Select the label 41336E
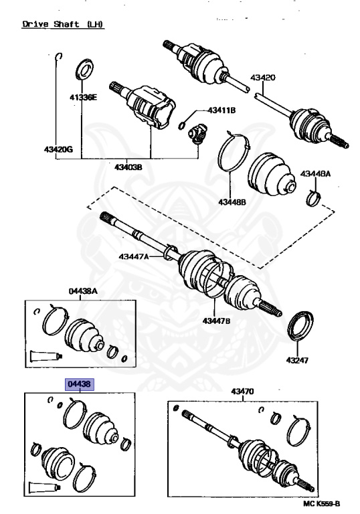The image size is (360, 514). click(84, 98)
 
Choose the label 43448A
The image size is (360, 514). click(315, 173)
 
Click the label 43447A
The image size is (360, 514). click(135, 256)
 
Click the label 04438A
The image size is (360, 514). click(83, 291)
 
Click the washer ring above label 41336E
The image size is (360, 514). click(85, 69)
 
